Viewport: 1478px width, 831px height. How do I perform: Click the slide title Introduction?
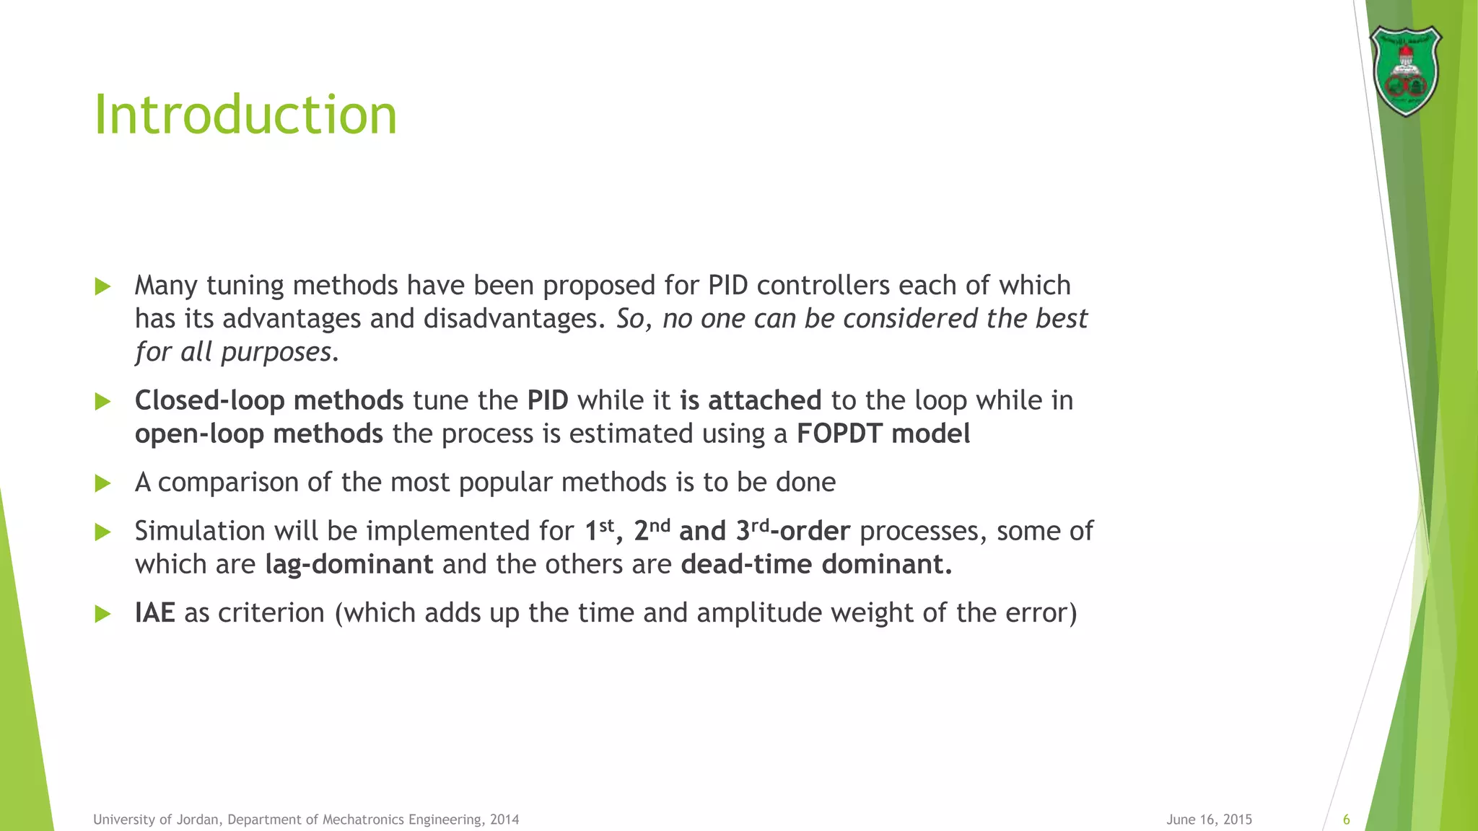(x=245, y=115)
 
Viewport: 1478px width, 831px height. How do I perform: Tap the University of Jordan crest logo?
(x=1405, y=71)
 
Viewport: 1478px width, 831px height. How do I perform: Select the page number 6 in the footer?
(x=1346, y=819)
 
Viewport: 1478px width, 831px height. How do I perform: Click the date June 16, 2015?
(x=1209, y=819)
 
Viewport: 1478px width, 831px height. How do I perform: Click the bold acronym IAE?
(x=154, y=612)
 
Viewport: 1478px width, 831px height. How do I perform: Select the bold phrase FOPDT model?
(x=883, y=434)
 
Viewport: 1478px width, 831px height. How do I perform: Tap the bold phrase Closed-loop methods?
(x=268, y=400)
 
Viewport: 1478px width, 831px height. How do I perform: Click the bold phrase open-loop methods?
(x=258, y=434)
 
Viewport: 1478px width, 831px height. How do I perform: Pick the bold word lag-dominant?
(x=349, y=564)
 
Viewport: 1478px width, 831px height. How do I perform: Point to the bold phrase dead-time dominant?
(x=815, y=564)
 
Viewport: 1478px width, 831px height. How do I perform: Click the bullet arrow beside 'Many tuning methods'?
(x=102, y=286)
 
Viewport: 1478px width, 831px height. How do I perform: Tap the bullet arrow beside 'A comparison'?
(x=102, y=483)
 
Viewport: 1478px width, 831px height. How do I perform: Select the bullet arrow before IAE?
(x=102, y=614)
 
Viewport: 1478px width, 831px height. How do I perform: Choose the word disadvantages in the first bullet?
(x=513, y=319)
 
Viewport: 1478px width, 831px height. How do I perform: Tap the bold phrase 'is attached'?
(x=751, y=400)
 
